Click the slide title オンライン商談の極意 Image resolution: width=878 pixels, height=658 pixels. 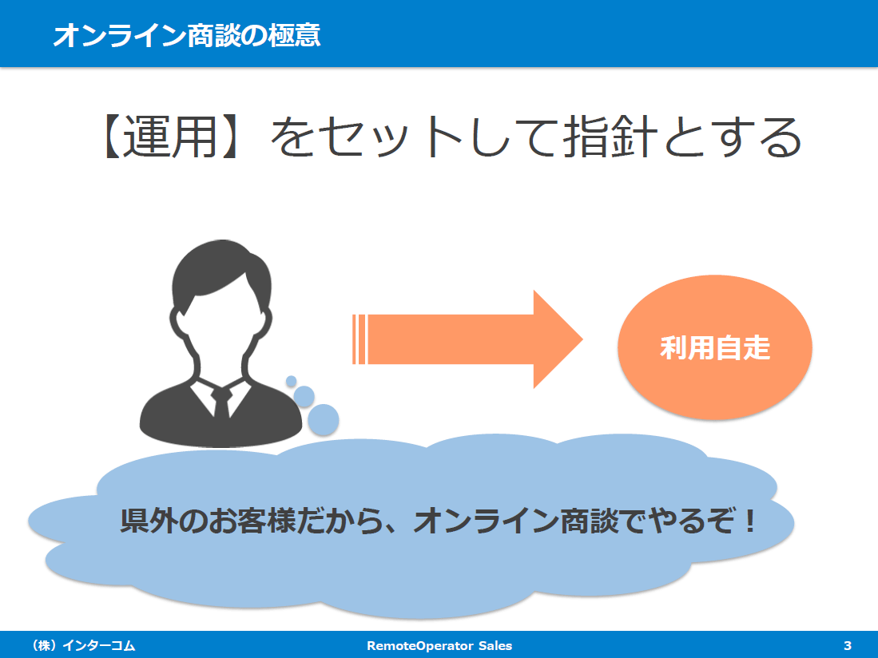pyautogui.click(x=186, y=34)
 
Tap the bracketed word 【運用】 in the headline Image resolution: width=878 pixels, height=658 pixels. pyautogui.click(x=169, y=137)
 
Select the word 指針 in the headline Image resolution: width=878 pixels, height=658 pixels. pyautogui.click(x=610, y=137)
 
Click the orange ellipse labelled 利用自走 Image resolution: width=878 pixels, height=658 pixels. pyautogui.click(x=715, y=347)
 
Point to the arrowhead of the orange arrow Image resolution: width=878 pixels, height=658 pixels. pyautogui.click(x=582, y=339)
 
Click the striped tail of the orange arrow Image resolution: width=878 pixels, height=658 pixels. pyautogui.click(x=359, y=339)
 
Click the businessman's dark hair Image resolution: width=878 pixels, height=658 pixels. pyautogui.click(x=221, y=268)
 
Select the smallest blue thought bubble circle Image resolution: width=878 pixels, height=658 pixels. pyautogui.click(x=291, y=381)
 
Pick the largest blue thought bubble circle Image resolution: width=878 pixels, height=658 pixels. pyautogui.click(x=323, y=420)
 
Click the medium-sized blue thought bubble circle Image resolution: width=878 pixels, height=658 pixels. pyautogui.click(x=304, y=396)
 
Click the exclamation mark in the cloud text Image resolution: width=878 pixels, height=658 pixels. pyautogui.click(x=749, y=521)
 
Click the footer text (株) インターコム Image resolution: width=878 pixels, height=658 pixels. pyautogui.click(x=83, y=646)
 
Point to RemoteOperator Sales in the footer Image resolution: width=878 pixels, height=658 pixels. pyautogui.click(x=439, y=646)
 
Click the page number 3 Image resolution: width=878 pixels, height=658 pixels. pyautogui.click(x=847, y=646)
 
